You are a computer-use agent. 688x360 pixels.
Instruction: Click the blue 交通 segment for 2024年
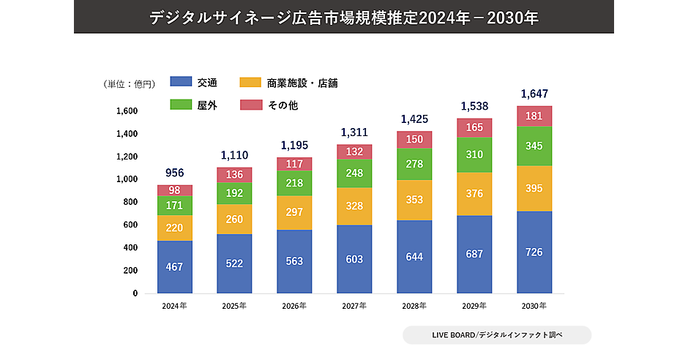174,267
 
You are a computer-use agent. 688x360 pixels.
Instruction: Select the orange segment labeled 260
234,219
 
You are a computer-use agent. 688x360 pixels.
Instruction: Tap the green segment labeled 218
294,183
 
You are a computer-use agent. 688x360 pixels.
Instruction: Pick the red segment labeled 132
354,151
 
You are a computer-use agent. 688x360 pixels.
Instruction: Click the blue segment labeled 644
414,257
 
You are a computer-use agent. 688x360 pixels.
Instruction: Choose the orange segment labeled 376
474,194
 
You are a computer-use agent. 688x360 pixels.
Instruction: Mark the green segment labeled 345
534,146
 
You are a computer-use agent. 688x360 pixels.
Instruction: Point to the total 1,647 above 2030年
534,94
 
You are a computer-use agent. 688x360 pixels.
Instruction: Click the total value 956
174,173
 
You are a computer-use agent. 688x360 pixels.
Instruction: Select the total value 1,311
354,132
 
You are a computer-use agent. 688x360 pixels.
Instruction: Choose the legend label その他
283,105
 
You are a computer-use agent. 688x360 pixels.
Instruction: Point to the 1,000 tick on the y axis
127,179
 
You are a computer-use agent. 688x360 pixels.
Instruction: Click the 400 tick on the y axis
130,248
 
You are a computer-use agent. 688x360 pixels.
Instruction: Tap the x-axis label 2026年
294,305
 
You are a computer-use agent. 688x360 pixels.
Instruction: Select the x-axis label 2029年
474,305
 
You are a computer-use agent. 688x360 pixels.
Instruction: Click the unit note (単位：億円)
130,84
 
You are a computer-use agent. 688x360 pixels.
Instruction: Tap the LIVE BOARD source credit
497,335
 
